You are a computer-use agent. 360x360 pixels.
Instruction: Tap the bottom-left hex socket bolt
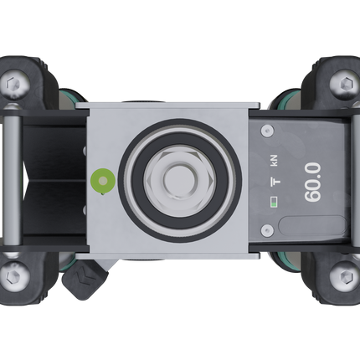click(x=15, y=274)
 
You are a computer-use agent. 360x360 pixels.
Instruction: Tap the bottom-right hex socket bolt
click(x=343, y=274)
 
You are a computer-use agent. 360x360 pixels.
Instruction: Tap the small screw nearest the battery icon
click(x=267, y=229)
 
